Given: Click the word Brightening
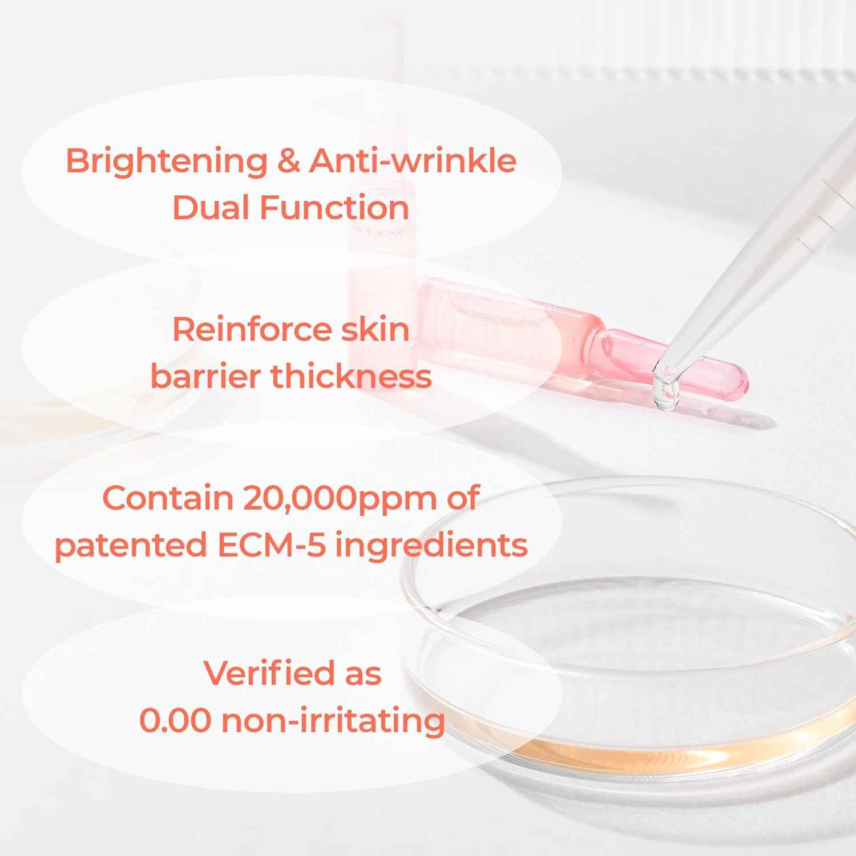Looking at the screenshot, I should (166, 161).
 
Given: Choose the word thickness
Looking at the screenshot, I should (351, 377).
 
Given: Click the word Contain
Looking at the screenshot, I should (168, 498).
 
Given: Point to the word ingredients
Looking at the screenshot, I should (431, 546).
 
